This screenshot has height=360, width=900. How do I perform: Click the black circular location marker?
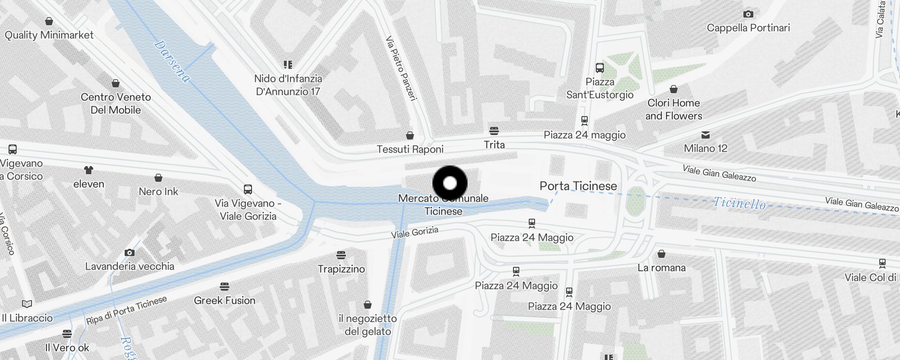coord(450,183)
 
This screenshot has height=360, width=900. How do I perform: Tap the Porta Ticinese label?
coord(578,186)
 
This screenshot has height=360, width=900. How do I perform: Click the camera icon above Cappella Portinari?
coord(748,14)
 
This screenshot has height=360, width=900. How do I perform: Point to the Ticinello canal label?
coord(739,203)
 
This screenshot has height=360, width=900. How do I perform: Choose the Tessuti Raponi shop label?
coord(410,149)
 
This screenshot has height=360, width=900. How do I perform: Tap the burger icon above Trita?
coord(494,131)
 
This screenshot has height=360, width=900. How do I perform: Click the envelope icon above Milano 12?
coord(706,135)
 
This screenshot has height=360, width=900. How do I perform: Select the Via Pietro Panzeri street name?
coord(401,68)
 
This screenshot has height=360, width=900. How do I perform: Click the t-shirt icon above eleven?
coord(89,170)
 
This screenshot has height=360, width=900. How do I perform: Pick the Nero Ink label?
coord(158,192)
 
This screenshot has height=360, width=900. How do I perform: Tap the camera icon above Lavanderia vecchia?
coord(130,252)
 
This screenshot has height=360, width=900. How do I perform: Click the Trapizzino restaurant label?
coord(341,269)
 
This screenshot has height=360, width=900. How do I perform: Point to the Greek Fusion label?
coord(225,301)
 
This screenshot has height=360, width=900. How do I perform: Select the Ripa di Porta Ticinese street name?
coord(126,310)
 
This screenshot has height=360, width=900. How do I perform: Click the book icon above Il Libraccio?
coord(27,304)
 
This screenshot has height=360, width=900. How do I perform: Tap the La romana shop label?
coord(661,268)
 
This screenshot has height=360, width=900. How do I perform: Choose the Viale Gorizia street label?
coord(414,232)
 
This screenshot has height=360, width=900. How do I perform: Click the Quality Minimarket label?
coord(49,35)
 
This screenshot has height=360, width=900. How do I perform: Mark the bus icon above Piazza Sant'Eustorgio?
coord(600,68)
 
